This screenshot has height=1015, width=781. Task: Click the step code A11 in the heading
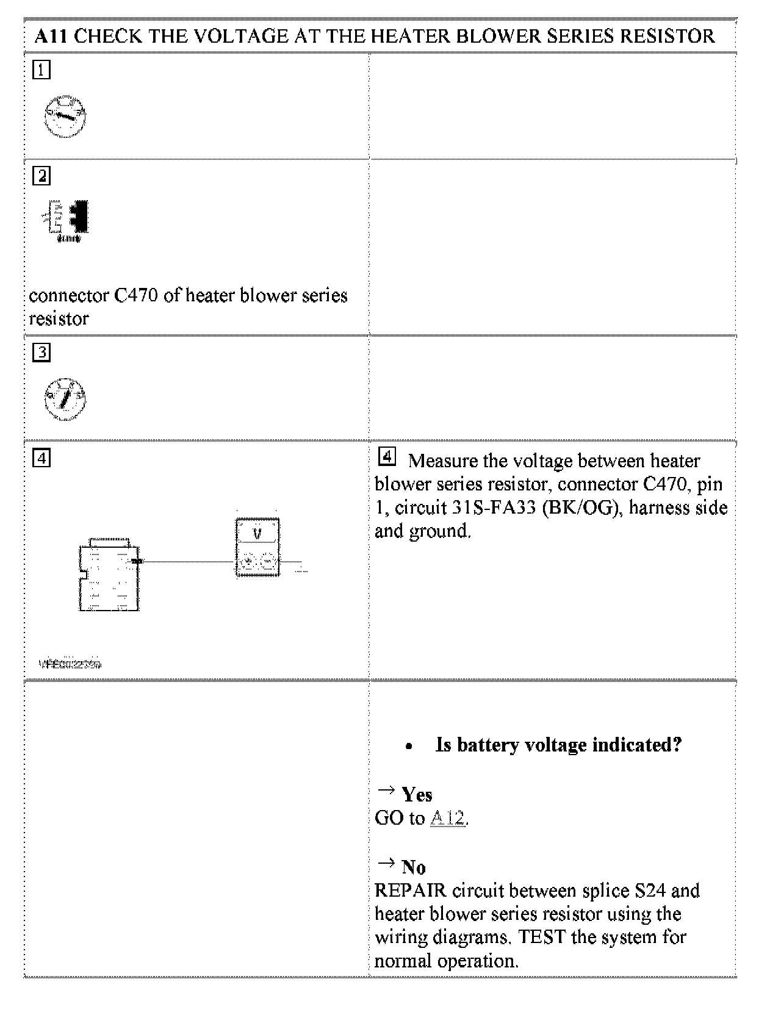51,36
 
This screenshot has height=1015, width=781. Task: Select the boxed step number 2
41,176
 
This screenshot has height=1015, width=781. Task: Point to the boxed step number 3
41,352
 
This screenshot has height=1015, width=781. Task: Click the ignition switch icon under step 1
65,116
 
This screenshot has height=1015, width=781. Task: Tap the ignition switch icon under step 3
65,399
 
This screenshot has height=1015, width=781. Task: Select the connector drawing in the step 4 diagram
109,575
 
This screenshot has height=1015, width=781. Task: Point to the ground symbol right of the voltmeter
300,567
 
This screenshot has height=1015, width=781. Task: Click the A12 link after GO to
447,818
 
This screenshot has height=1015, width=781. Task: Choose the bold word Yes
417,795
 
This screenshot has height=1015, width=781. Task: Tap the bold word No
413,867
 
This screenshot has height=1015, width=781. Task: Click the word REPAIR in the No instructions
411,891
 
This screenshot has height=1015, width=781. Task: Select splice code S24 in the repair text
650,891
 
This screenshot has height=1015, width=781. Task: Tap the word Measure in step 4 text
444,461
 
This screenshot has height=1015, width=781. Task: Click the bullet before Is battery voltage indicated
409,746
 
